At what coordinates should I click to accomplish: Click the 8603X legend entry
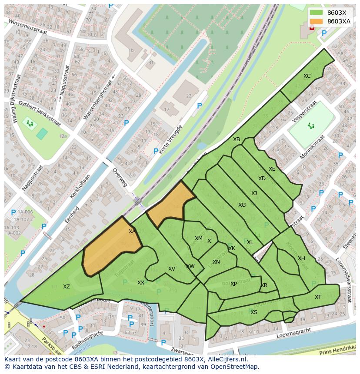[337, 13]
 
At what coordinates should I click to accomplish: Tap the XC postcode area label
[307, 76]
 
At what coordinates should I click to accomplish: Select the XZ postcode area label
[66, 287]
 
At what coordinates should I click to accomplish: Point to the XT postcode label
[318, 297]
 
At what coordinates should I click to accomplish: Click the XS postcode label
[253, 312]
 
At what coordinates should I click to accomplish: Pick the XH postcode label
[301, 258]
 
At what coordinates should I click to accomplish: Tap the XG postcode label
[242, 205]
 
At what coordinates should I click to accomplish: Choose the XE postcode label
[272, 169]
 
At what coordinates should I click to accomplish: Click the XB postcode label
[236, 139]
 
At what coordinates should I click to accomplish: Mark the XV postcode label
[171, 269]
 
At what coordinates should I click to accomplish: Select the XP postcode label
[233, 284]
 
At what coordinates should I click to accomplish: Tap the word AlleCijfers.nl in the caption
[226, 359]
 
